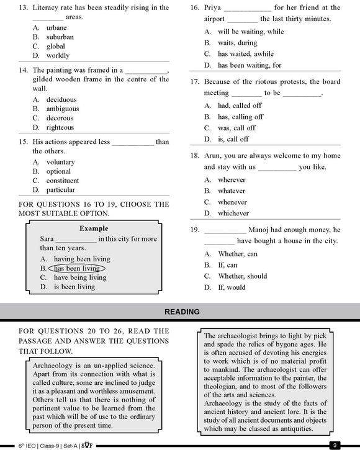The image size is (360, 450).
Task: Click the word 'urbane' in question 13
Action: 56,28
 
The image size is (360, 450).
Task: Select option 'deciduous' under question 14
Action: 61,99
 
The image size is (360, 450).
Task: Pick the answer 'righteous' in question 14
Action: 60,127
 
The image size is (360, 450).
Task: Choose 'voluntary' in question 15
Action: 60,162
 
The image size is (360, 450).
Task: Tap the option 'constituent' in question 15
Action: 63,181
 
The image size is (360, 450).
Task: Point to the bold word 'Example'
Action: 94,228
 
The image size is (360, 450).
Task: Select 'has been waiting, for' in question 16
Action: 250,65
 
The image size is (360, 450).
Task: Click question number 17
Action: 194,82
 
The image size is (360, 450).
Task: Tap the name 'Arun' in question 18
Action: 214,156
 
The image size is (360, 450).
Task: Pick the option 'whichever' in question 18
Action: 233,214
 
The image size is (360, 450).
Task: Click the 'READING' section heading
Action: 182,312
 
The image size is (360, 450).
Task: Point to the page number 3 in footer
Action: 334,445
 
